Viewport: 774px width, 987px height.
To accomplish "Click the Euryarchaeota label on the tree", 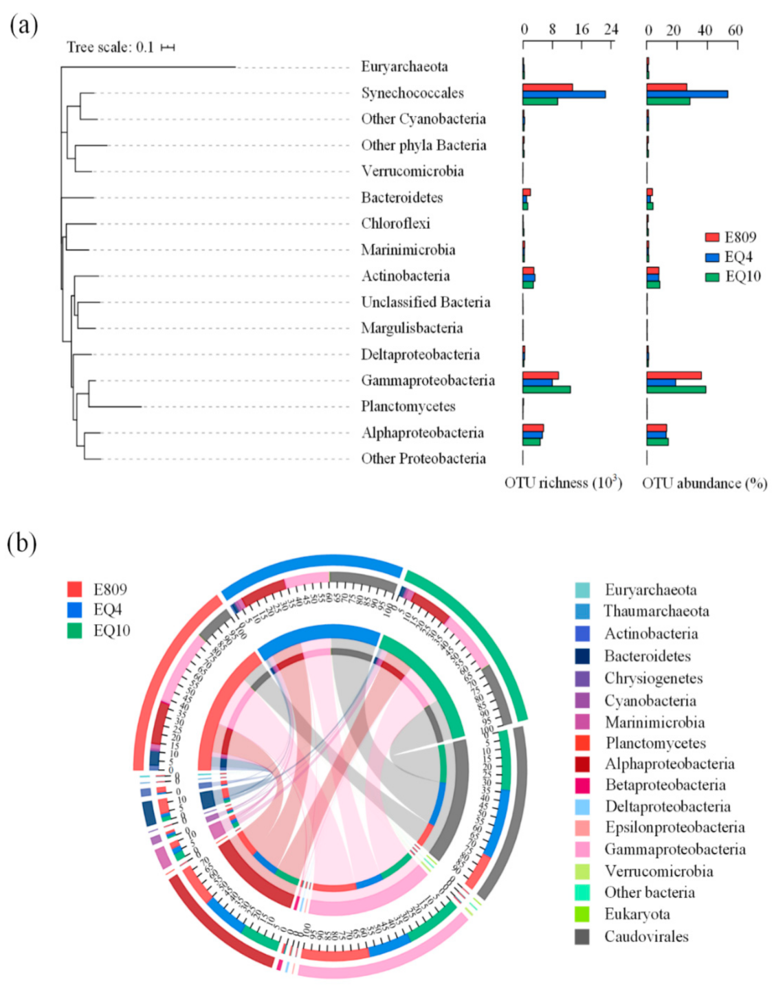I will (x=404, y=67).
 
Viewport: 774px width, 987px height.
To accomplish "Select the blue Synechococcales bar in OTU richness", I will (x=564, y=94).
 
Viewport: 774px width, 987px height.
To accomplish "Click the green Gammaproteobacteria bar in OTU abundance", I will (x=676, y=390).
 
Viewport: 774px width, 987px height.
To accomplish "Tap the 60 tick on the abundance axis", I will (x=736, y=30).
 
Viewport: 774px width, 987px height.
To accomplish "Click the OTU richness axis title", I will (x=563, y=483).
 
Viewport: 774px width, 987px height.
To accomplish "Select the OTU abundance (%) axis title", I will (x=705, y=483).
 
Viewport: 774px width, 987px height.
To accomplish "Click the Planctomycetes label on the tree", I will (x=408, y=407).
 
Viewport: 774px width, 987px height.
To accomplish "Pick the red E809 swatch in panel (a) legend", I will (x=712, y=238).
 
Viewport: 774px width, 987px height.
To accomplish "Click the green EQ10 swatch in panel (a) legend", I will (x=712, y=277).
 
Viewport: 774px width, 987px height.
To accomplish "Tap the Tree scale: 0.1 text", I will (x=110, y=47).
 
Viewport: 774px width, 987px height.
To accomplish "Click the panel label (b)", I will (x=22, y=543).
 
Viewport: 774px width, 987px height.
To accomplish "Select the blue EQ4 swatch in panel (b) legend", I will (x=75, y=610).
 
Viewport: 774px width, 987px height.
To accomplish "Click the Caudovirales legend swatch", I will (x=582, y=937).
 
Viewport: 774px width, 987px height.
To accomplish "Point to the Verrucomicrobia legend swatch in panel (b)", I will (x=582, y=872).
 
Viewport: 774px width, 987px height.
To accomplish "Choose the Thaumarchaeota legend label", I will (x=656, y=612).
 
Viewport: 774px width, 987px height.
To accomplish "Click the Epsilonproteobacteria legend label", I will (x=674, y=828).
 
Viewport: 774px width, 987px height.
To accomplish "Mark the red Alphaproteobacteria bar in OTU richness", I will (x=533, y=428).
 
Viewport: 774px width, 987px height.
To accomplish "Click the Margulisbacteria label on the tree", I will (x=412, y=329).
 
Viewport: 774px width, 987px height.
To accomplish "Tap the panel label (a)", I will (x=23, y=26).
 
